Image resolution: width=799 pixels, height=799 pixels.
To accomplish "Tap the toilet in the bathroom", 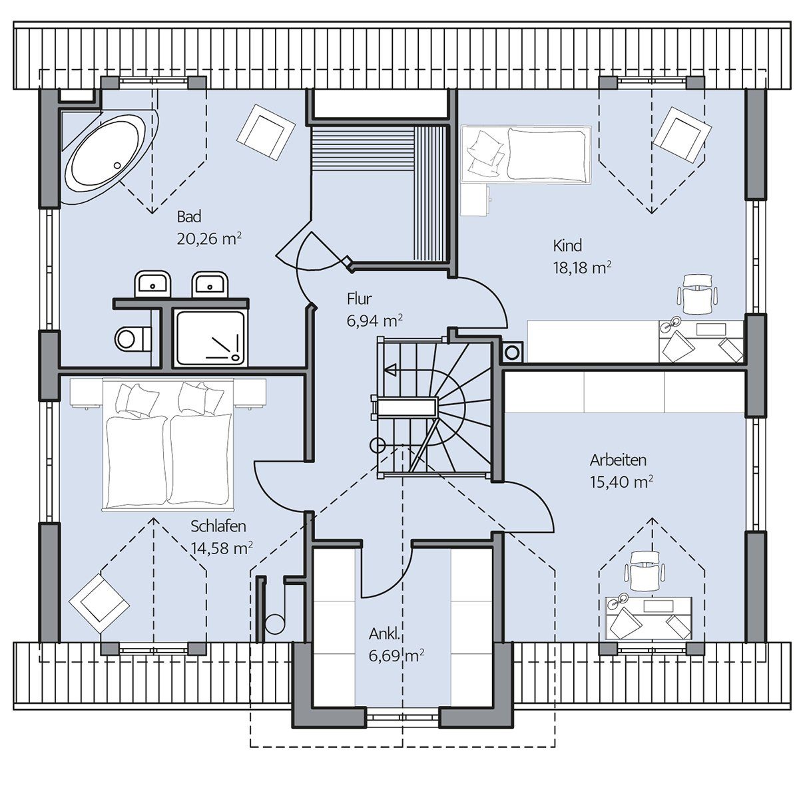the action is pyautogui.click(x=133, y=339).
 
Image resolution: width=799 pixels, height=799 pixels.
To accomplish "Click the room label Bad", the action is pyautogui.click(x=189, y=216).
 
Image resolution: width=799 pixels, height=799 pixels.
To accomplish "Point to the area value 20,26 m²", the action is pyautogui.click(x=209, y=239).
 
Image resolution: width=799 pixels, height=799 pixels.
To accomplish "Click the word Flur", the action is pyautogui.click(x=360, y=299).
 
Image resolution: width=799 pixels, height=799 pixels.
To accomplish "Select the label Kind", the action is pyautogui.click(x=567, y=245).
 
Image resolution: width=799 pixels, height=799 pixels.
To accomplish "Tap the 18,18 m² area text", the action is pyautogui.click(x=582, y=268).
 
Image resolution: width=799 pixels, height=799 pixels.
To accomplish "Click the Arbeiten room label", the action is pyautogui.click(x=618, y=460).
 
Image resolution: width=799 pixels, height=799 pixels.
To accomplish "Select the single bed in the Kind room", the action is pyautogui.click(x=526, y=154).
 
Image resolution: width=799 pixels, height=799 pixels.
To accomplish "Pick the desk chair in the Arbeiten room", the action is pyautogui.click(x=644, y=570).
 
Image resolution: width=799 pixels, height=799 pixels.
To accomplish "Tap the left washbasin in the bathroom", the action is pyautogui.click(x=152, y=285).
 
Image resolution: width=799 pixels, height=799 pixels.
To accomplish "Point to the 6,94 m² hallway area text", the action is pyautogui.click(x=374, y=321).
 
